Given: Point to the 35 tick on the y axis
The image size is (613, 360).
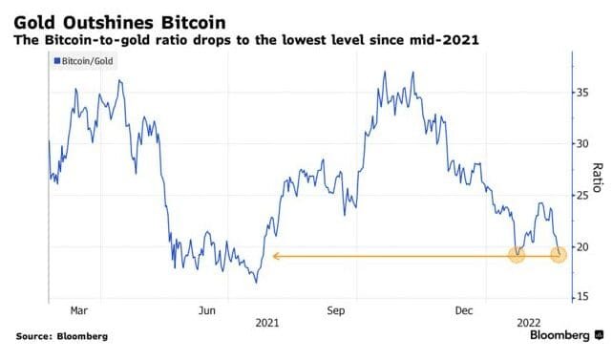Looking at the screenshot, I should tap(579, 94).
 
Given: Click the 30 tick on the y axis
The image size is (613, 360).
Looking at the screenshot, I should tap(579, 144).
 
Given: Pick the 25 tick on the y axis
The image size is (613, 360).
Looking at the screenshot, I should tap(579, 196).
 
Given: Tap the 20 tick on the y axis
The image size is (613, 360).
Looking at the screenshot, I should tap(579, 247).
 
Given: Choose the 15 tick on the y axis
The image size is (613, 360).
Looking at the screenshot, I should tap(579, 298).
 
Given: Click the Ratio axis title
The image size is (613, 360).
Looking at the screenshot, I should tap(597, 177).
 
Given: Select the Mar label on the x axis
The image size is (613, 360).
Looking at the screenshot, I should tap(80, 310).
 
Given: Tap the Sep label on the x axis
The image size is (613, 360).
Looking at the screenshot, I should tap(336, 310).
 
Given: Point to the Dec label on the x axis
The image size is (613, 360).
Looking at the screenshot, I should tap(465, 310).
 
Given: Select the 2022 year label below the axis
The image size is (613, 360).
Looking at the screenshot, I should tap(518, 323).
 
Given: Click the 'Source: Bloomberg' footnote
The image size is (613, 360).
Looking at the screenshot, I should tap(61, 337).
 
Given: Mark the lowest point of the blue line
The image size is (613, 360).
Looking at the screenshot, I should tap(256, 283).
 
